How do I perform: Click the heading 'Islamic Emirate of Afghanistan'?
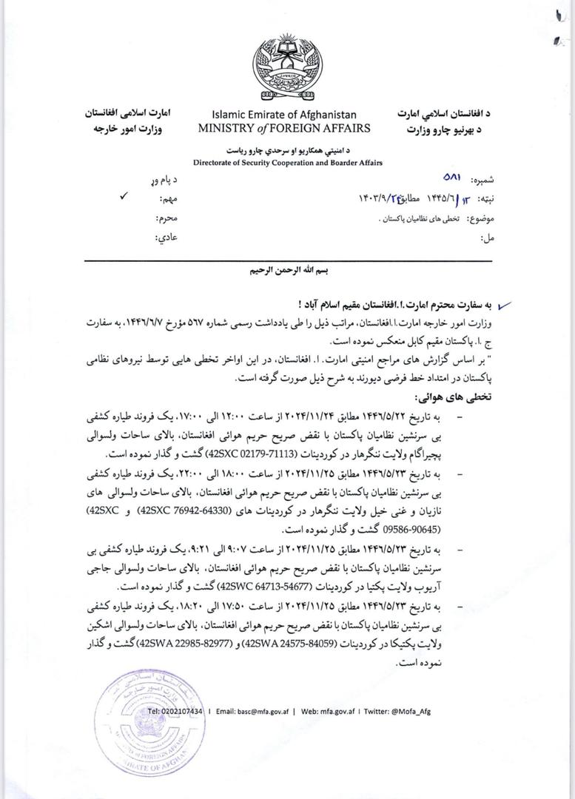coord(284,115)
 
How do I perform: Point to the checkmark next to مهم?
coord(123,198)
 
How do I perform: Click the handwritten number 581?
coord(451,179)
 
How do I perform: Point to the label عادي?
coord(167,237)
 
